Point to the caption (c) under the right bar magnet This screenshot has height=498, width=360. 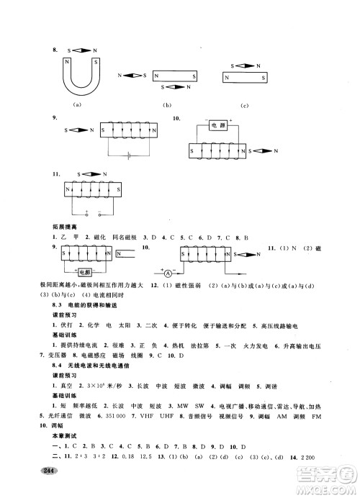coord(245,106)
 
